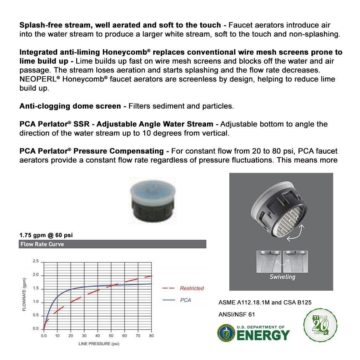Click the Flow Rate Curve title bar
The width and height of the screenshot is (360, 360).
112,244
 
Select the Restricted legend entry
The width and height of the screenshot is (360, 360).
191,288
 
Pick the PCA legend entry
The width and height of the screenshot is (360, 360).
185,300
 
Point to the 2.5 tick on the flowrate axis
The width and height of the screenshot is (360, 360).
36,261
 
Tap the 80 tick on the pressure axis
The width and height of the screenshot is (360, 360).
151,336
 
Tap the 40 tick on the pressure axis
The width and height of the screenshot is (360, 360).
97,336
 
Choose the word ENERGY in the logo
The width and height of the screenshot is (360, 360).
263,335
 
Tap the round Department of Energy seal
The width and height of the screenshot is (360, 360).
226,333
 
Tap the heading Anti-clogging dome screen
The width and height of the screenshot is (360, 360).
70,106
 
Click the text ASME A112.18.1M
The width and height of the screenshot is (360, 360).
245,302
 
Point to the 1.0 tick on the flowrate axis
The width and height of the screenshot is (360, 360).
36,302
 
